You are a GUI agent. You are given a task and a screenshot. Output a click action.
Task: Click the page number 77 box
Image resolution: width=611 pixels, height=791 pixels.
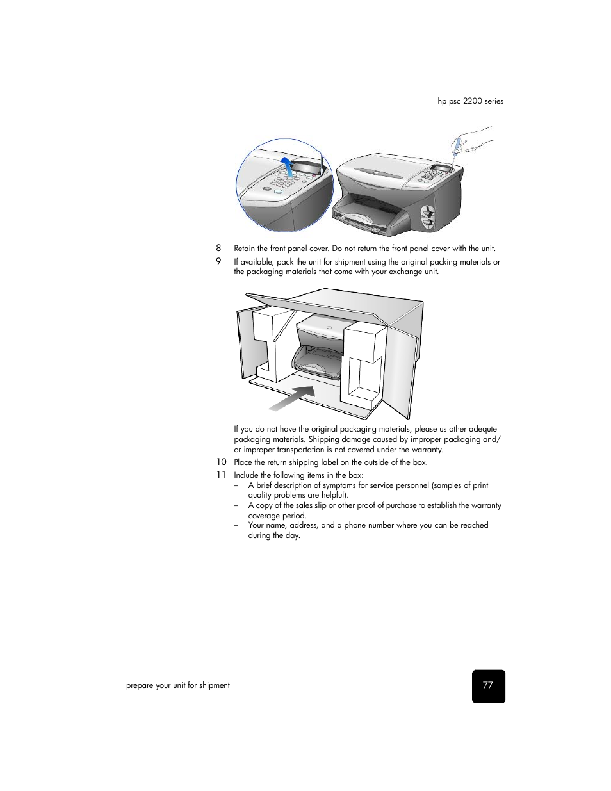click(x=488, y=686)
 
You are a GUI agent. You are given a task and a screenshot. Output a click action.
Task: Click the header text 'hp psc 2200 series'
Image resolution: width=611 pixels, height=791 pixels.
click(x=470, y=101)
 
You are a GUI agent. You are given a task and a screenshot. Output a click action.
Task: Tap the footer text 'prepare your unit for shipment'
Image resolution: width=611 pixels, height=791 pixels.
click(x=177, y=685)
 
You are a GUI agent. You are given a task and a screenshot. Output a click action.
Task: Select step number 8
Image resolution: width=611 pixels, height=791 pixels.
click(x=218, y=248)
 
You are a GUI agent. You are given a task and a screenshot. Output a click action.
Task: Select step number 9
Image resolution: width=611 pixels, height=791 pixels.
click(x=218, y=261)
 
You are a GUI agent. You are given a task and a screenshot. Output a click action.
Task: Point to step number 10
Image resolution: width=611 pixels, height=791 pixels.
click(x=221, y=462)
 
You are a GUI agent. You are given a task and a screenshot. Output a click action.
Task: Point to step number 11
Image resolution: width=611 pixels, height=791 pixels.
click(x=221, y=475)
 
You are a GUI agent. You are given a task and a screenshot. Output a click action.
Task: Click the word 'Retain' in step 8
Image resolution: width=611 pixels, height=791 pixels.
click(x=244, y=249)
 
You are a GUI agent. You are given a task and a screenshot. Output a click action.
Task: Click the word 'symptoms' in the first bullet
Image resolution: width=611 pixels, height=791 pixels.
click(x=339, y=485)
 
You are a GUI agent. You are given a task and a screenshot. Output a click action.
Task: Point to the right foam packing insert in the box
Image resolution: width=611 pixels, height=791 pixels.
click(x=363, y=365)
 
